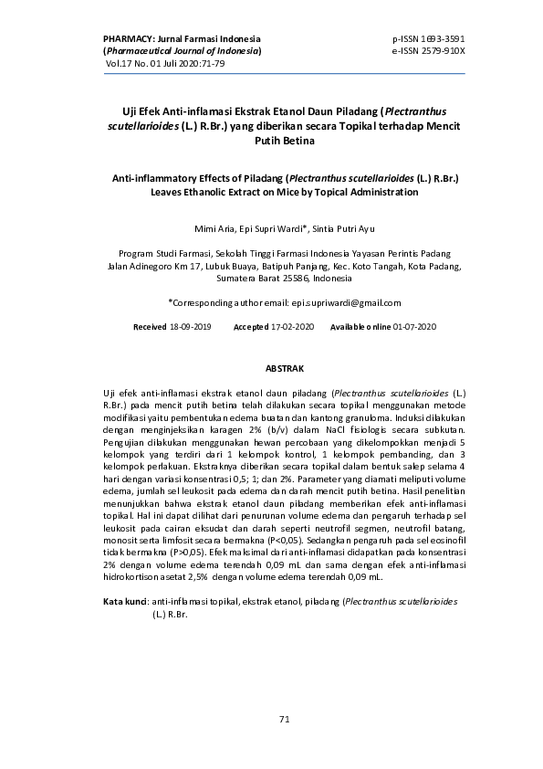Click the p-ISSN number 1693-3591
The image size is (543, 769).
442,39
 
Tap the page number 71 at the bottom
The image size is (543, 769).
283,720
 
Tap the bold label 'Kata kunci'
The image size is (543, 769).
124,604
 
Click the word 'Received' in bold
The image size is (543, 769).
149,327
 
